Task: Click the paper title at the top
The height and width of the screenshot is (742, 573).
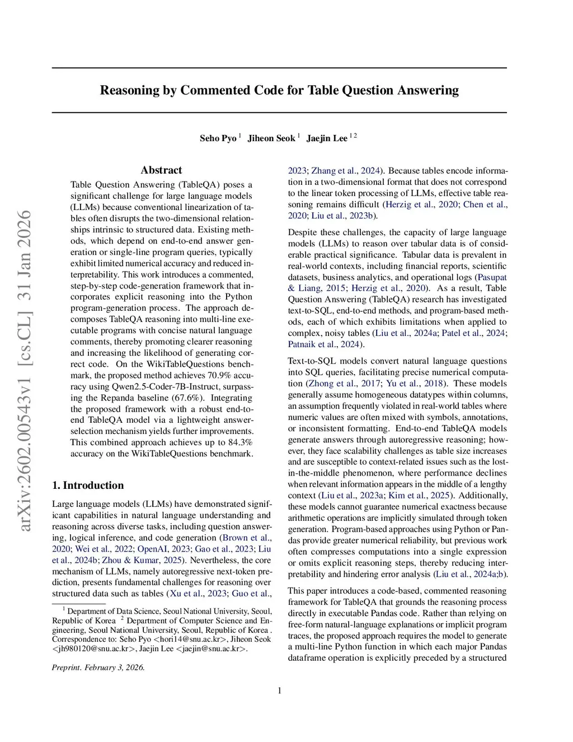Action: (279, 90)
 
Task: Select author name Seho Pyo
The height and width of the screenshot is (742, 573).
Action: (218, 138)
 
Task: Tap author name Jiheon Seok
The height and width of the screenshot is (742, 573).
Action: (271, 138)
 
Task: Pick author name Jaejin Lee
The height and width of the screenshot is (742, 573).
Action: (327, 138)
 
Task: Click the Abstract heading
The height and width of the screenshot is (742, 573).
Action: (161, 170)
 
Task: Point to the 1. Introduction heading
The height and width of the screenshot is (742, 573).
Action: (88, 486)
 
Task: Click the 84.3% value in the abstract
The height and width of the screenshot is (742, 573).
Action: (240, 442)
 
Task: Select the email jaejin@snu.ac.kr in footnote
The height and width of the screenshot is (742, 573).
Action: (211, 648)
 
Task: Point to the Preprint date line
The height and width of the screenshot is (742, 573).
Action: (98, 668)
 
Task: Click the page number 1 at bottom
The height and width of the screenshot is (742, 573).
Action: (279, 690)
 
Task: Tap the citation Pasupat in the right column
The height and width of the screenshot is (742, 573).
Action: (492, 277)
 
